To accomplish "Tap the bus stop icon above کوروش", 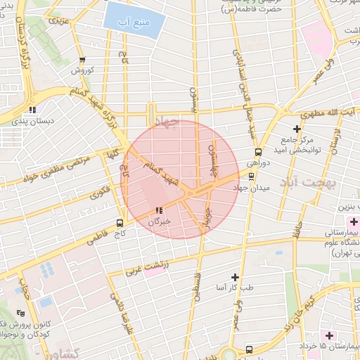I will pyautogui.click(x=82, y=60).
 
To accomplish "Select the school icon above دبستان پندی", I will pyautogui.click(x=32, y=110).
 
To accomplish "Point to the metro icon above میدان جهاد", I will pyautogui.click(x=252, y=176).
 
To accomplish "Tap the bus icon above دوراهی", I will pyautogui.click(x=258, y=150).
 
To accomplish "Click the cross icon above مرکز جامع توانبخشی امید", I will pyautogui.click(x=297, y=129).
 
